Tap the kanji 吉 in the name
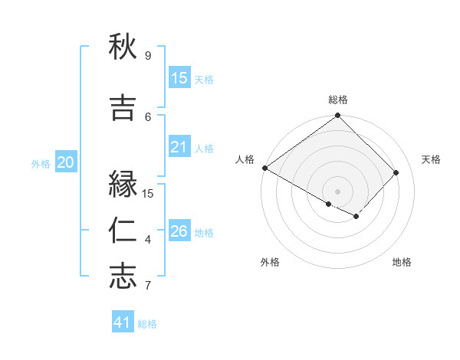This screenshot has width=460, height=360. pos(123,108)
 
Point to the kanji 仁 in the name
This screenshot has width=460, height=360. pos(123,231)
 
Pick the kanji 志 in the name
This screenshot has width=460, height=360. pos(123,277)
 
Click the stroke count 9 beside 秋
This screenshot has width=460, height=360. pos(147,55)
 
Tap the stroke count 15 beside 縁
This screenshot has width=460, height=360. pos(148,193)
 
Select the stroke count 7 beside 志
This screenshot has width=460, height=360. pos(147,286)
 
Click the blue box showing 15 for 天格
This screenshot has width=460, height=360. pos(179,78)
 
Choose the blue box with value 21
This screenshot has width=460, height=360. pos(179,147)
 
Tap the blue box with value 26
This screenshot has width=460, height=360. pos(179,231)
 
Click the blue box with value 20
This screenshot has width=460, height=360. pos(66,162)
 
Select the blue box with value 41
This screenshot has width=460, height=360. pos(123,322)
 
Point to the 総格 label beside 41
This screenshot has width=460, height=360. pos(147,324)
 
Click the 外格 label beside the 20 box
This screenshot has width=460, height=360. pos(41,163)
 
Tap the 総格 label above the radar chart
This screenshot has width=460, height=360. pos(338,100)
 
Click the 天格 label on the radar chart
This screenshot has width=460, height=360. pos(432,159)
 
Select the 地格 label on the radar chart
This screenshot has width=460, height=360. pos(402,262)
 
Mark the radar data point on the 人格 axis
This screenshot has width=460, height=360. pos(264,168)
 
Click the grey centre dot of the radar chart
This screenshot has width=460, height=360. pos(337,191)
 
